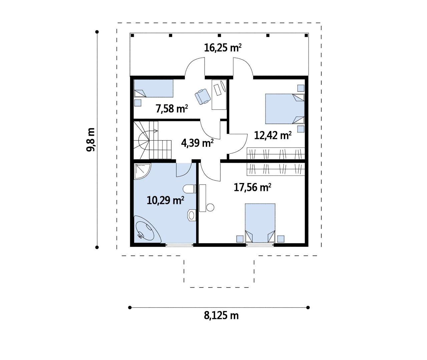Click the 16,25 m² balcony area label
click(x=223, y=48)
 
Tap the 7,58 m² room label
click(x=171, y=108)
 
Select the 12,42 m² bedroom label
click(x=273, y=135)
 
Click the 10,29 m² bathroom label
click(x=165, y=200)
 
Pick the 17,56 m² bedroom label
click(x=252, y=187)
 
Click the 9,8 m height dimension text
click(x=91, y=140)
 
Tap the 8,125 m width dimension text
click(x=221, y=315)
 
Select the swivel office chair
click(x=203, y=97)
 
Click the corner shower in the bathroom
click(x=142, y=171)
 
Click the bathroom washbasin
click(x=191, y=215)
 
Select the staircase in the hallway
click(x=152, y=140)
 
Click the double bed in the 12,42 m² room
click(x=285, y=109)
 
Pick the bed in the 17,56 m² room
click(x=260, y=223)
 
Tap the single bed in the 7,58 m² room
click(x=153, y=88)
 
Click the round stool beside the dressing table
click(x=210, y=207)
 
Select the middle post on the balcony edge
click(x=219, y=36)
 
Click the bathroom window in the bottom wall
click(x=179, y=245)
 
